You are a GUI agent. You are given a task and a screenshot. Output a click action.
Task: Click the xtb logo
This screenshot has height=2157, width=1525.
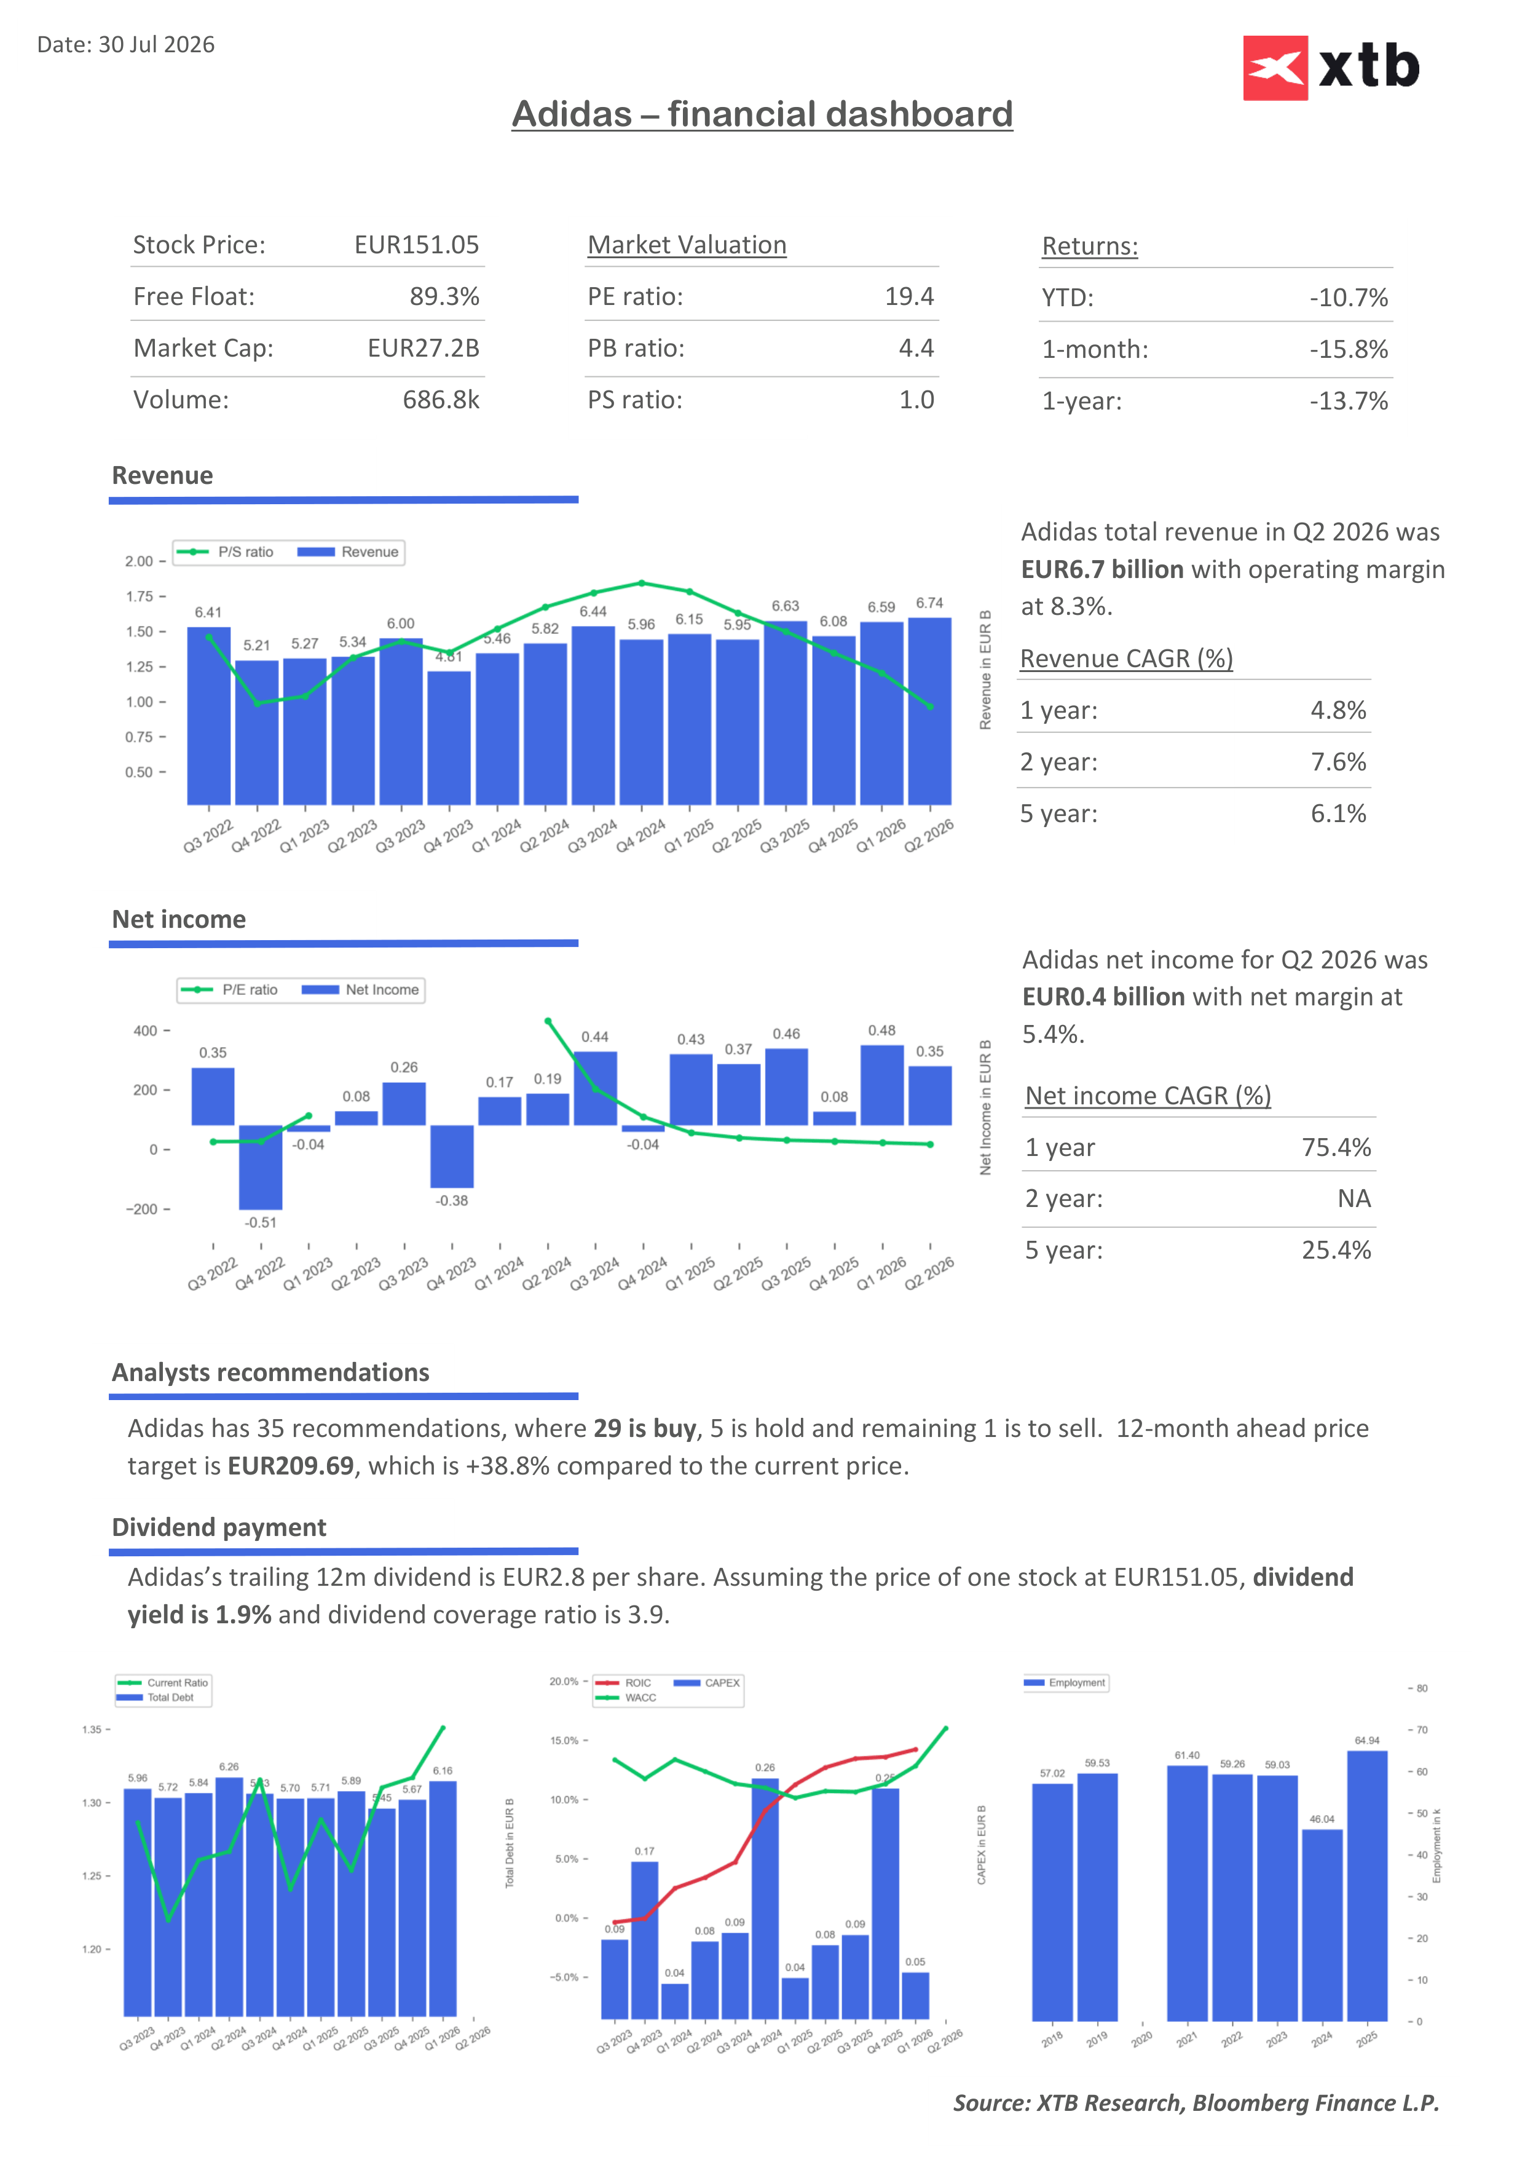click(1331, 68)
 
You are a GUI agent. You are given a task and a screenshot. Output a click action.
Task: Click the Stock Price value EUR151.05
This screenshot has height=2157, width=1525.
click(416, 245)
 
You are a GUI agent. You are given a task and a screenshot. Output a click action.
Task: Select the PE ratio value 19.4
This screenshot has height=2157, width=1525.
click(909, 297)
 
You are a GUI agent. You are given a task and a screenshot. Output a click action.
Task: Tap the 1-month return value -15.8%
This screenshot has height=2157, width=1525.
click(1349, 349)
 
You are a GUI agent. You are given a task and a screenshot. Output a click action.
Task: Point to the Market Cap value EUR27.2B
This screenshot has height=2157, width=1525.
click(424, 349)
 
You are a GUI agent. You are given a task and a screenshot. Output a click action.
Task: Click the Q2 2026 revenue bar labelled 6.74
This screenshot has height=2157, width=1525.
click(929, 711)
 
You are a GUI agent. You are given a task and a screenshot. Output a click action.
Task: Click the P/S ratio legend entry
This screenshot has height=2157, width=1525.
click(226, 552)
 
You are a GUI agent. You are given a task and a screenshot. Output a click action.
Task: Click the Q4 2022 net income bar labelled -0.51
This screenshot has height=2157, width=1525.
click(260, 1168)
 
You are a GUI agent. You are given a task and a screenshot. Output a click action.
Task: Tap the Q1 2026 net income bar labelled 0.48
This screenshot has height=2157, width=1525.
click(882, 1085)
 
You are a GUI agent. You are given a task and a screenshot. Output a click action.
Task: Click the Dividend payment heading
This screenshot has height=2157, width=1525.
click(219, 1527)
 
